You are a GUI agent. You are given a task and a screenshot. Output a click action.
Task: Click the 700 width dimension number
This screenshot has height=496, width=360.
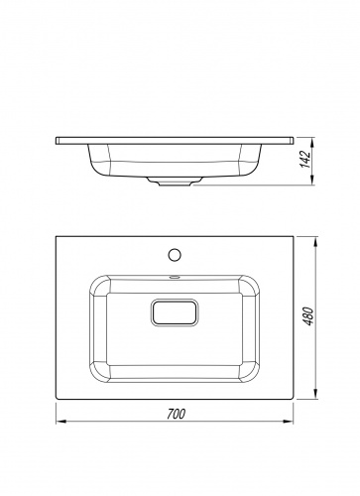point(176,414)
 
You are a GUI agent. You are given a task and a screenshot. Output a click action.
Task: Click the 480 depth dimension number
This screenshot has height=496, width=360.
point(308,316)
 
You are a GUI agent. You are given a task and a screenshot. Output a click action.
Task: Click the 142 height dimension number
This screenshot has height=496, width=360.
point(306,159)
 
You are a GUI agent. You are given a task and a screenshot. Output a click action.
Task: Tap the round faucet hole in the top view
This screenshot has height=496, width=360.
point(174,255)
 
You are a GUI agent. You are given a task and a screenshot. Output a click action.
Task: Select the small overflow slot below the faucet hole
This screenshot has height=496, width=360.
point(174,277)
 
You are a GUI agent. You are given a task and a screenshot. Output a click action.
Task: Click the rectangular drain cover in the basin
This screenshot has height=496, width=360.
point(175,312)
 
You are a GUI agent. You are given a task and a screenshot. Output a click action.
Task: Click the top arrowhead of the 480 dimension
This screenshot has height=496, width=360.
point(315,242)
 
